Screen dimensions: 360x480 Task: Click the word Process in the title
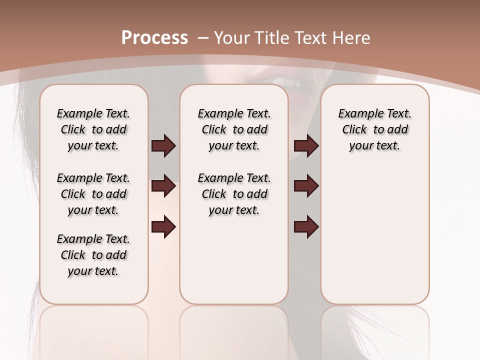(x=154, y=38)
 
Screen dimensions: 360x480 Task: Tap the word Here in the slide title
(x=350, y=38)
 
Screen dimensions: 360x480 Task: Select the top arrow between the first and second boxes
(x=163, y=146)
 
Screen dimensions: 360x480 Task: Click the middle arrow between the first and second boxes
(x=163, y=186)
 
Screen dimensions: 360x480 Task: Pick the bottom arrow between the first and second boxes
(x=163, y=227)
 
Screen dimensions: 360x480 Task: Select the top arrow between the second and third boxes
(x=306, y=146)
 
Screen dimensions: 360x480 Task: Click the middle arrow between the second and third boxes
(x=306, y=186)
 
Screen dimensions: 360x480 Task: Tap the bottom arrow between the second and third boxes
(x=306, y=227)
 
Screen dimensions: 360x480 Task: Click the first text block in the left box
(x=93, y=129)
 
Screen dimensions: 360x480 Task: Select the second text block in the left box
(x=93, y=194)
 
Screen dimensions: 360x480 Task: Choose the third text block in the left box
(x=93, y=255)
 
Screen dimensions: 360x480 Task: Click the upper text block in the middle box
(x=234, y=129)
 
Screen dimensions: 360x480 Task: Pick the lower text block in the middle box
(x=234, y=194)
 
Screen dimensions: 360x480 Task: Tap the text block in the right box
(x=374, y=129)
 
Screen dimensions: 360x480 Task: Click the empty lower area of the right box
(x=374, y=240)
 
